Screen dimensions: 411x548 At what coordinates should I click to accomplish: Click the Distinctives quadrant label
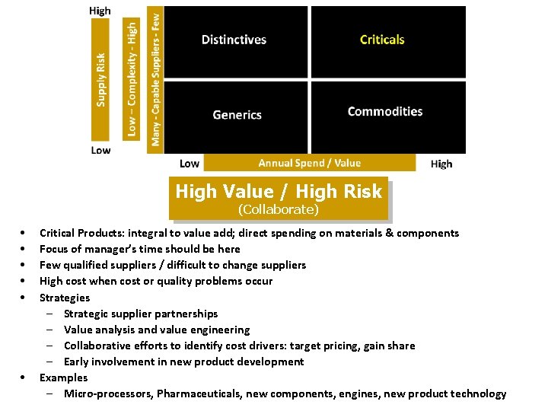pos(234,40)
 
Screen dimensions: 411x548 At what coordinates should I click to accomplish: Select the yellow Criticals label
pos(382,40)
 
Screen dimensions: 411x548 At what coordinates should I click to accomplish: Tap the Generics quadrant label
pos(237,115)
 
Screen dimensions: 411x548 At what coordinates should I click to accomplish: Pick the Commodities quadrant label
pos(384,112)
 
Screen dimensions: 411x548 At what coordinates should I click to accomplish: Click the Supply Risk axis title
pos(101,79)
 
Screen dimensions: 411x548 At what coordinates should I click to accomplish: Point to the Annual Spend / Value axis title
pos(309,163)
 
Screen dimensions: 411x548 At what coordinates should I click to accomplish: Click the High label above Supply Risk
pos(100,11)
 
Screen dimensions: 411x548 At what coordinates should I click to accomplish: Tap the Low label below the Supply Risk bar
pos(100,150)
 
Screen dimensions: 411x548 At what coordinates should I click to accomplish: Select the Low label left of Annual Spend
pos(190,164)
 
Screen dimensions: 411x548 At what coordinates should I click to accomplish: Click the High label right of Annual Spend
pos(441,164)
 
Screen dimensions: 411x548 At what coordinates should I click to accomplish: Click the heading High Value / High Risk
pos(279,192)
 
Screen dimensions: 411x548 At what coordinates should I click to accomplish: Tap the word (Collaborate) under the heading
pos(278,209)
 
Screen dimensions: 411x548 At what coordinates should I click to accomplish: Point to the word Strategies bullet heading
pos(65,298)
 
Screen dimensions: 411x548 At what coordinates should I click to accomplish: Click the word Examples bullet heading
pos(63,378)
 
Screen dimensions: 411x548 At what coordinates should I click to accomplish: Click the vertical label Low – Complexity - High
pos(132,78)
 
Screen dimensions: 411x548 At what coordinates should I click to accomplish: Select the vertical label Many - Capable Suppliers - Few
pos(155,77)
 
